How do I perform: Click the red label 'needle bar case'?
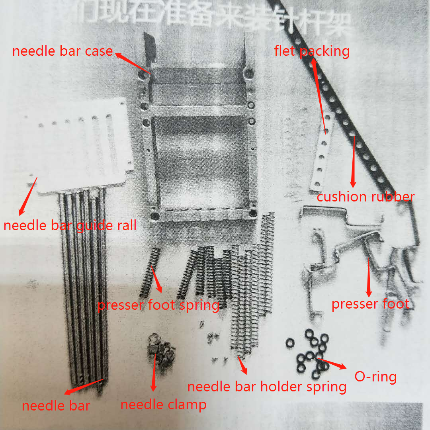pos(63,51)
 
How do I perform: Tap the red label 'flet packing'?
pos(312,51)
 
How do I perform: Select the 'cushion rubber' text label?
pos(365,197)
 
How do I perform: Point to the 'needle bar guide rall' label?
pos(70,226)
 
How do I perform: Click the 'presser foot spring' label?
pos(158,306)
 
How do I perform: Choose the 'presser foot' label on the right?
pos(370,304)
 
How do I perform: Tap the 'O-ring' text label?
pos(375,377)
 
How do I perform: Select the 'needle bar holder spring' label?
pos(266,386)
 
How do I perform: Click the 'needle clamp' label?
pos(163,405)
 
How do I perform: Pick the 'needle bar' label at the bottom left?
pos(56,406)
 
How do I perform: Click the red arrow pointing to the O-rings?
pos(331,364)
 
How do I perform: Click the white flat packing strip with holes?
pos(322,151)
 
